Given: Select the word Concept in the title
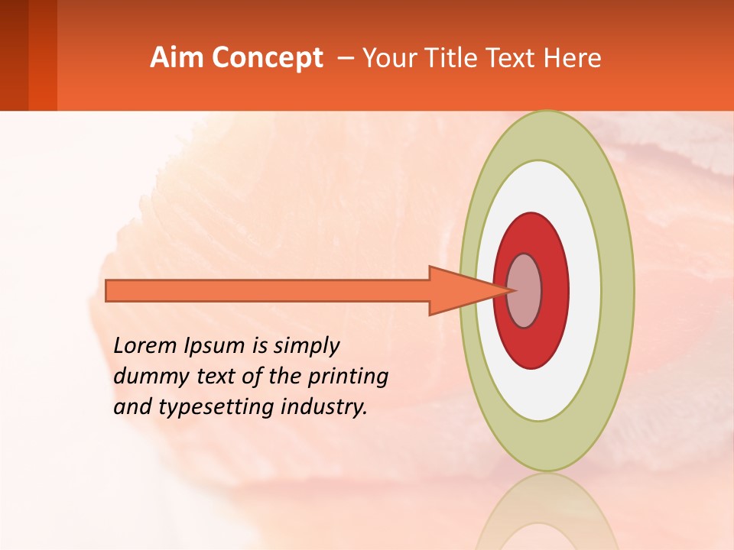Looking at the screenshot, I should (x=268, y=58).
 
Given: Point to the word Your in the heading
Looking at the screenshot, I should (x=389, y=58).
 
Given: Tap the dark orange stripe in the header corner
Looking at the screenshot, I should (x=42, y=55).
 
